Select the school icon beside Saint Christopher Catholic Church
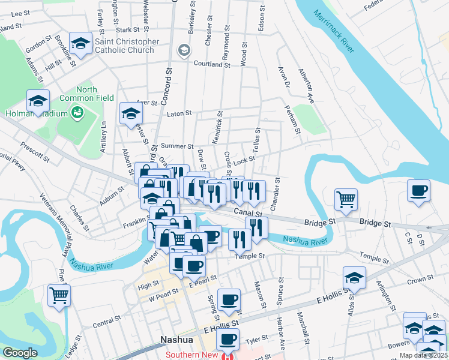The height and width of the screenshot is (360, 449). (80, 43)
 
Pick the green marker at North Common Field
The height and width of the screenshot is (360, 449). (77, 112)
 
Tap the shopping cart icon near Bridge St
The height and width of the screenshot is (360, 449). (346, 198)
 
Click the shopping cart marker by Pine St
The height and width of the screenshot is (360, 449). (59, 294)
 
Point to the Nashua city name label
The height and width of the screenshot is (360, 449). (176, 340)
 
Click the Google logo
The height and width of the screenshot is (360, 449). (20, 353)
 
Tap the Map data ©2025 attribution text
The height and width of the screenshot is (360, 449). (423, 355)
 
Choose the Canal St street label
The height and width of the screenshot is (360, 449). (248, 212)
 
